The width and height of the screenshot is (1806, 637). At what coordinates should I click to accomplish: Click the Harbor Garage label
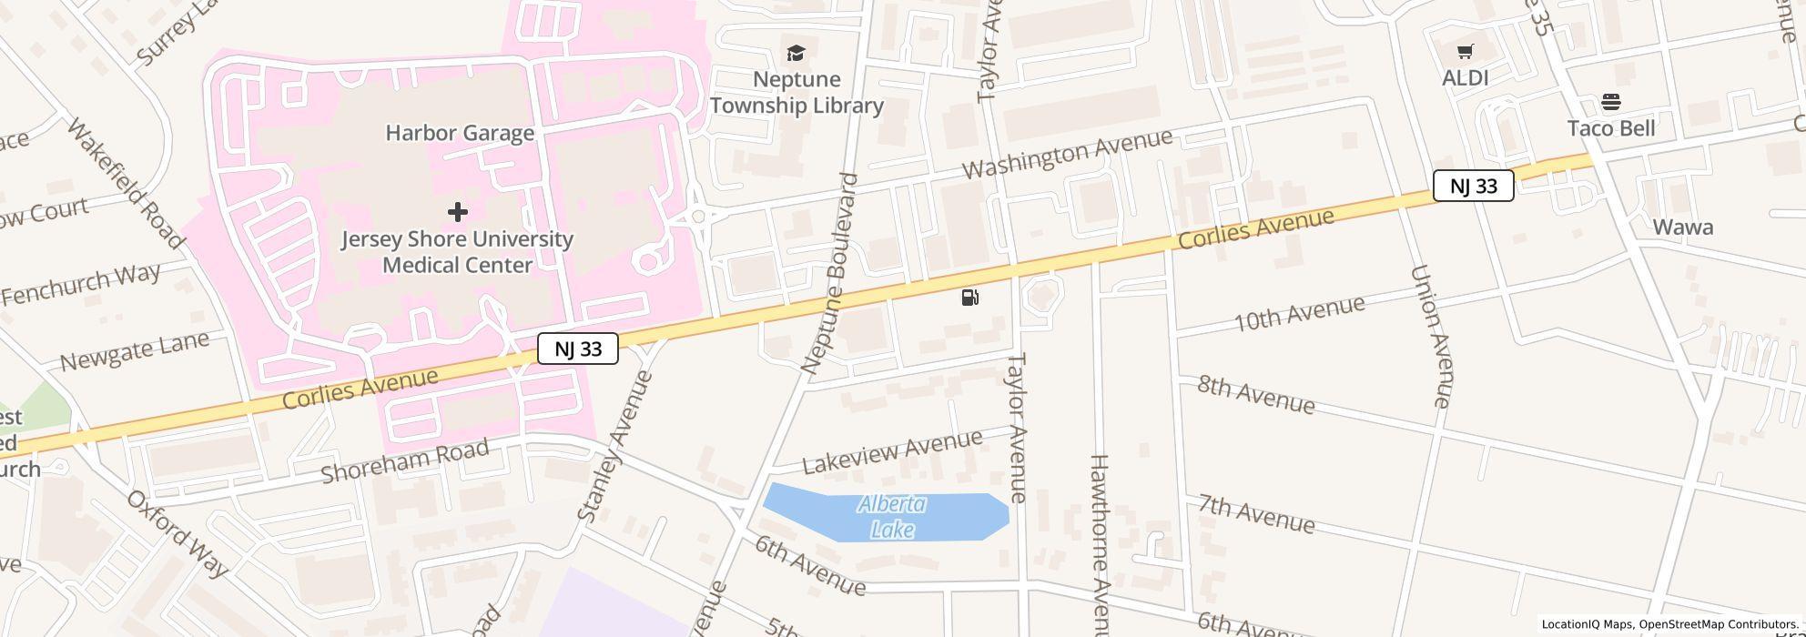click(460, 133)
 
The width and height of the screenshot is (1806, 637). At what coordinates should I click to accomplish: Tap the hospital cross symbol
click(458, 212)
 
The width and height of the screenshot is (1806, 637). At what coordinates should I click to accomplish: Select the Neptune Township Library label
click(796, 93)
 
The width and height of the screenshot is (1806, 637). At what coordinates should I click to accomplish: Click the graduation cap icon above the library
click(796, 53)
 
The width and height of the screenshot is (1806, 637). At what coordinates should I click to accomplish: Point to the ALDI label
click(1466, 78)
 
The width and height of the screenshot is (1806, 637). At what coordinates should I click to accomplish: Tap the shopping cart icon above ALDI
click(1465, 52)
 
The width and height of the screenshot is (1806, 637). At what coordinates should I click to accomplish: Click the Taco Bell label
click(1611, 128)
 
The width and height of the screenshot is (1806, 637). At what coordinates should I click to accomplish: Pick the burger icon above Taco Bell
click(1611, 101)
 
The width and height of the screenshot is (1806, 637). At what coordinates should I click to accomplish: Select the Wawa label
click(1683, 227)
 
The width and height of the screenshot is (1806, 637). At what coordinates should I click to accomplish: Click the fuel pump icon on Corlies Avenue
click(970, 298)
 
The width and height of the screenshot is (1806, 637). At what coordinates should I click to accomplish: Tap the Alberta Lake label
click(892, 516)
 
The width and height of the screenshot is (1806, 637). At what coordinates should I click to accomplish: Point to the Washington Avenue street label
click(1067, 154)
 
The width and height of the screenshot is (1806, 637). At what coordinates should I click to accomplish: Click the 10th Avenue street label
click(1299, 313)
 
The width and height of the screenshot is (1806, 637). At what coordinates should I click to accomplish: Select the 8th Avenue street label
click(1256, 395)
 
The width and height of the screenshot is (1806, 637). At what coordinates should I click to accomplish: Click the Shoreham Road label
click(405, 460)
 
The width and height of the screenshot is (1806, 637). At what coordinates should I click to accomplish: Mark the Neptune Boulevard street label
click(830, 273)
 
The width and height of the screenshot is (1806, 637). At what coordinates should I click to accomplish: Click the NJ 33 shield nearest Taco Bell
click(1473, 186)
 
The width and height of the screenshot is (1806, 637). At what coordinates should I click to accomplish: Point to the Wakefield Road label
click(125, 183)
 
